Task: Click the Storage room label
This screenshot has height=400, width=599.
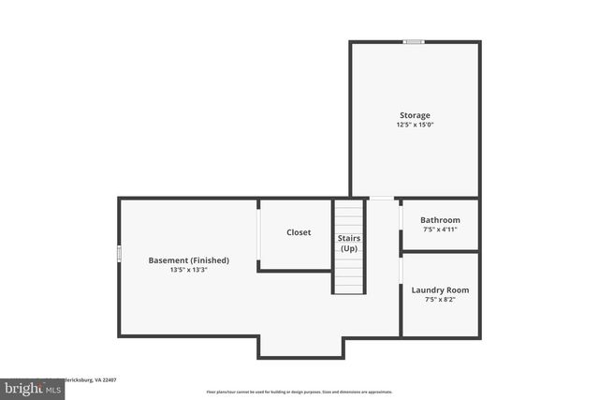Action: click(x=415, y=115)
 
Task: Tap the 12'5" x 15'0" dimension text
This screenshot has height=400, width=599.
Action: click(x=415, y=125)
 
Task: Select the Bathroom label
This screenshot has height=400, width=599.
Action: click(x=440, y=220)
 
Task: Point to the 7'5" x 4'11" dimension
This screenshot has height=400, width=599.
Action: click(x=440, y=230)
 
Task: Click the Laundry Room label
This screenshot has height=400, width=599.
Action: click(x=440, y=290)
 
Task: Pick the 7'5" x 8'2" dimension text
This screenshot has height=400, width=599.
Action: click(x=440, y=300)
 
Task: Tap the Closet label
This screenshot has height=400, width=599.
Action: click(x=299, y=232)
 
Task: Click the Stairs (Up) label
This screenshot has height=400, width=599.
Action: click(x=349, y=244)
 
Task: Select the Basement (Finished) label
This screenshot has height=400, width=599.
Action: click(x=189, y=260)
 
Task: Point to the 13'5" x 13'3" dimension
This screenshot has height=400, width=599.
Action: click(x=189, y=270)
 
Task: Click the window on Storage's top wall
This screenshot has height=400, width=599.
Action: click(x=414, y=41)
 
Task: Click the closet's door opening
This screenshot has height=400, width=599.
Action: click(x=258, y=234)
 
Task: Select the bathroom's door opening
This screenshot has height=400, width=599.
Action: click(x=402, y=217)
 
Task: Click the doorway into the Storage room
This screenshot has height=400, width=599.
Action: click(x=382, y=199)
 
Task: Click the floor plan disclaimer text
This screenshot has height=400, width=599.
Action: click(x=299, y=392)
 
